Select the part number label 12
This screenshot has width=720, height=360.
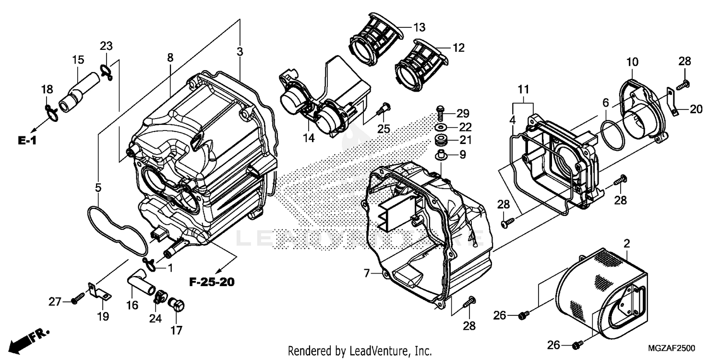458,48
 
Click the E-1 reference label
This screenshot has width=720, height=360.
27,140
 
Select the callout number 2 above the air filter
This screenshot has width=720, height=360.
626,243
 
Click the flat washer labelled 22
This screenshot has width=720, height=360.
440,128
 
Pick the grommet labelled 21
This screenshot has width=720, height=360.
440,141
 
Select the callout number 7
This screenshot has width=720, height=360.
366,274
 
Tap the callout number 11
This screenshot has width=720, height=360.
523,89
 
